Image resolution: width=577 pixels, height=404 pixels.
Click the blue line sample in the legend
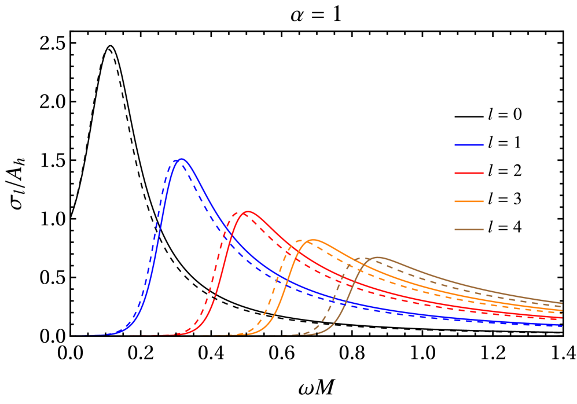coord(469,145)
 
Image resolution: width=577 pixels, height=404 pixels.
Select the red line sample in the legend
coord(469,173)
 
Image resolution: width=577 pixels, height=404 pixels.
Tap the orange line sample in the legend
coord(469,201)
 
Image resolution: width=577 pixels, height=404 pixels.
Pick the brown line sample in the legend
coord(469,230)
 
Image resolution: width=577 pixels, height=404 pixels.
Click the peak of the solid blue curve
coord(182,159)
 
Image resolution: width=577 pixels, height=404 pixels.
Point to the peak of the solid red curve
coord(248,211)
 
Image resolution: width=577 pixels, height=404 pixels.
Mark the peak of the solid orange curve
coord(313,239)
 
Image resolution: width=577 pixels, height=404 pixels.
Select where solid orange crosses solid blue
coord(288,281)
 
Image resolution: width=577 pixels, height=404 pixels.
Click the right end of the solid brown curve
coord(562,303)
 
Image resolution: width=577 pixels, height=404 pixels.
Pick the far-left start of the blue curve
coord(75,335)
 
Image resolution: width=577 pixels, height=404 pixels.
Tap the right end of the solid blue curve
coord(562,326)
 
